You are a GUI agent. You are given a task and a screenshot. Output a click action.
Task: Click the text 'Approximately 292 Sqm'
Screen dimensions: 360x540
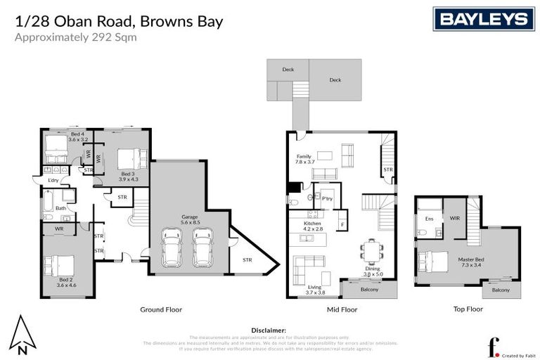(x=76, y=37)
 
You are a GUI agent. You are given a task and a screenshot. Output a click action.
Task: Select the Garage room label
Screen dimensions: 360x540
(x=190, y=219)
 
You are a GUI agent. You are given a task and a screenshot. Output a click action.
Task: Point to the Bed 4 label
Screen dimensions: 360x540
(x=77, y=136)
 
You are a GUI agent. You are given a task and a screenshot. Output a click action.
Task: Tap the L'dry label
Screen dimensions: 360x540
(x=53, y=180)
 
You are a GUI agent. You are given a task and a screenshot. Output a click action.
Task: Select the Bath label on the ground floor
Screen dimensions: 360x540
(x=61, y=208)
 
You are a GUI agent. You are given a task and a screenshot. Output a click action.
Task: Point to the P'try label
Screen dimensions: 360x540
(x=327, y=198)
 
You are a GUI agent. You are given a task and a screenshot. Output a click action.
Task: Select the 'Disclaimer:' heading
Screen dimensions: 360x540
(x=269, y=329)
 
